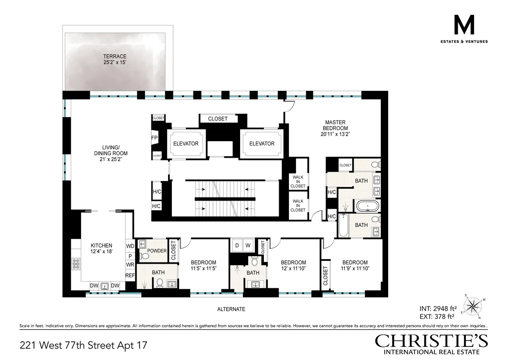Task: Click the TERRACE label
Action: (115, 56)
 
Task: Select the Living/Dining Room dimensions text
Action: (111, 159)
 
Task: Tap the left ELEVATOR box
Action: (185, 144)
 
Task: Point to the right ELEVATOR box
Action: (262, 144)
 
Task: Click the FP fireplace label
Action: (154, 138)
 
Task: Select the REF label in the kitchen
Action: (129, 276)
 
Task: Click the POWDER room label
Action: (157, 251)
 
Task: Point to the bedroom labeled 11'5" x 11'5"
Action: (203, 265)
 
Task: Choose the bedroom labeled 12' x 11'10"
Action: (293, 265)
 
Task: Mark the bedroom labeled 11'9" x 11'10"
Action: (355, 265)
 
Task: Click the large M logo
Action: (464, 26)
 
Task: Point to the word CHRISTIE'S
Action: (431, 341)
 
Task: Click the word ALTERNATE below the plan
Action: (231, 309)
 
